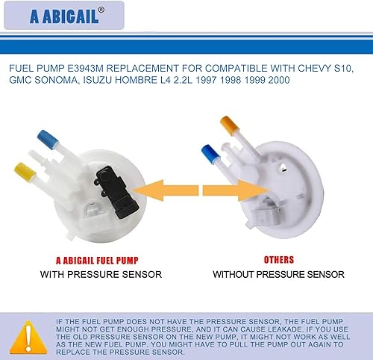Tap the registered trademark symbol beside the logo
coord(101,10)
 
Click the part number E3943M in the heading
coord(91,69)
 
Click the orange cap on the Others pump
coord(228,121)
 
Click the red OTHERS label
coord(277,260)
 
